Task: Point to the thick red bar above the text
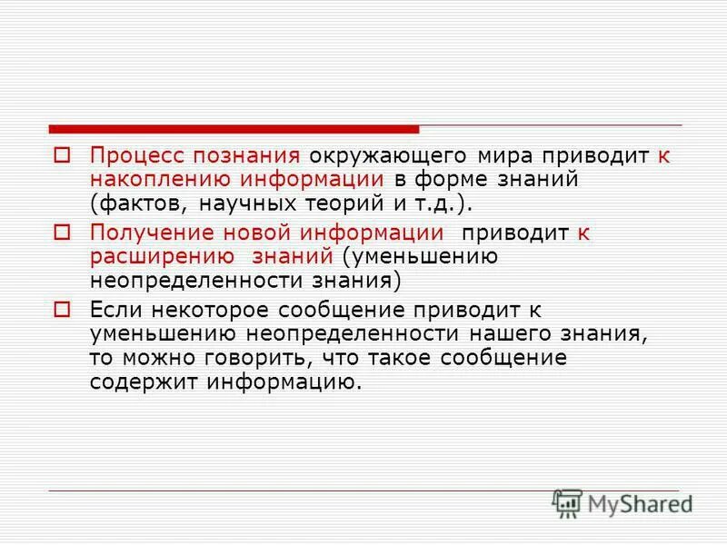(x=234, y=129)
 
